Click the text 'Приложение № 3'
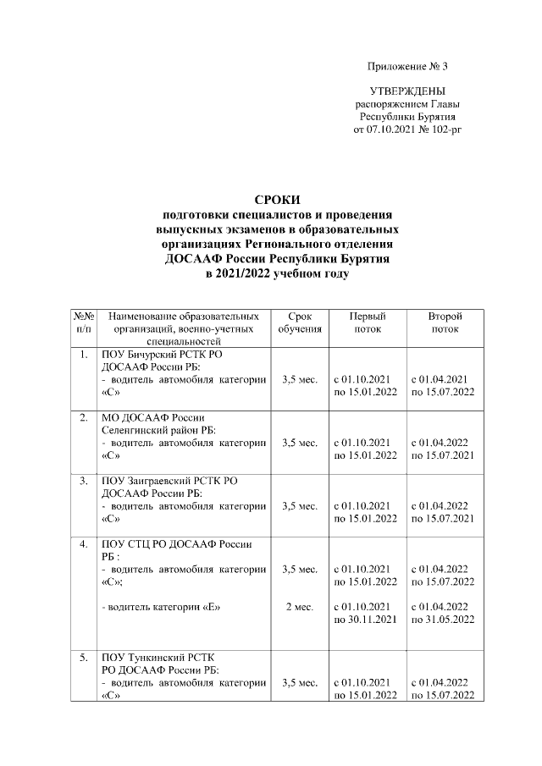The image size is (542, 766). pyautogui.click(x=407, y=66)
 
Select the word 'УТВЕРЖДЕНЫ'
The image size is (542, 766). pyautogui.click(x=407, y=91)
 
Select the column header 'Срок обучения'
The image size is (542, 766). pyautogui.click(x=299, y=323)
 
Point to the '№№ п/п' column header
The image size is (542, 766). pyautogui.click(x=83, y=323)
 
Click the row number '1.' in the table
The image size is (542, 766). pyautogui.click(x=83, y=355)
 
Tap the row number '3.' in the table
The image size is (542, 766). pyautogui.click(x=83, y=481)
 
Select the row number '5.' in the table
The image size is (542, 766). pyautogui.click(x=83, y=657)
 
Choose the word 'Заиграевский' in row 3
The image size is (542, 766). pyautogui.click(x=163, y=481)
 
